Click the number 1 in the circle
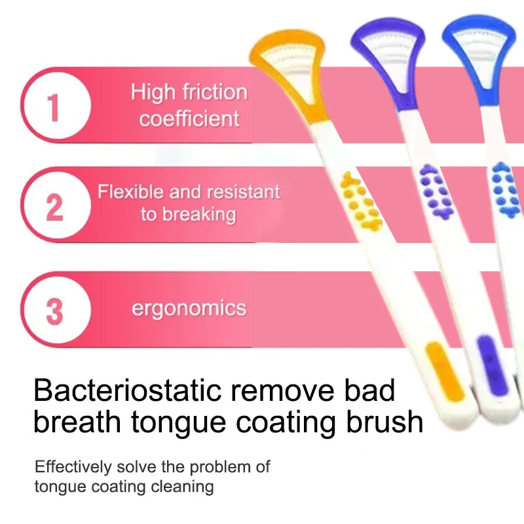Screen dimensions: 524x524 [54, 107]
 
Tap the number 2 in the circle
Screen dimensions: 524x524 [54, 207]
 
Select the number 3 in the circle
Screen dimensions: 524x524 [54, 312]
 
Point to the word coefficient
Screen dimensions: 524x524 [189, 119]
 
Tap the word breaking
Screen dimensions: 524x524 [199, 215]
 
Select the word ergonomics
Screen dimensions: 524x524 [189, 309]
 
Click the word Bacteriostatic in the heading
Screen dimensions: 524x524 [128, 390]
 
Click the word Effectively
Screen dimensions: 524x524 [73, 467]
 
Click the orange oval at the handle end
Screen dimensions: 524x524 [445, 371]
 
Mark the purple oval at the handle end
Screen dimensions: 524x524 [491, 364]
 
